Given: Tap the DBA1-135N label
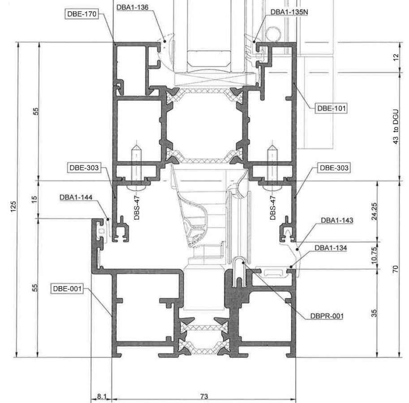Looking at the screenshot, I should (289, 11).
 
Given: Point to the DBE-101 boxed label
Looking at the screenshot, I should (331, 108).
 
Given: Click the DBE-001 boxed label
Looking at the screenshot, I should (67, 288).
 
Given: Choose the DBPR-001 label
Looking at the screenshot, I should (327, 316).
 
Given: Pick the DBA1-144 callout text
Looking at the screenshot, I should (75, 197).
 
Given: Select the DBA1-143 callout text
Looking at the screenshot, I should (337, 220).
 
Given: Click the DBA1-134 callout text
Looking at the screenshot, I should (331, 248).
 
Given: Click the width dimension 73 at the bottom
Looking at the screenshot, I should (204, 396).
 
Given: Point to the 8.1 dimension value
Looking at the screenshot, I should (102, 396).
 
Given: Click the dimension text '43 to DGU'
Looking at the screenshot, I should (396, 127).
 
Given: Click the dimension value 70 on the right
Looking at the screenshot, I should (396, 269).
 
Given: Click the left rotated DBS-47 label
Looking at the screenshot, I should (138, 208).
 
